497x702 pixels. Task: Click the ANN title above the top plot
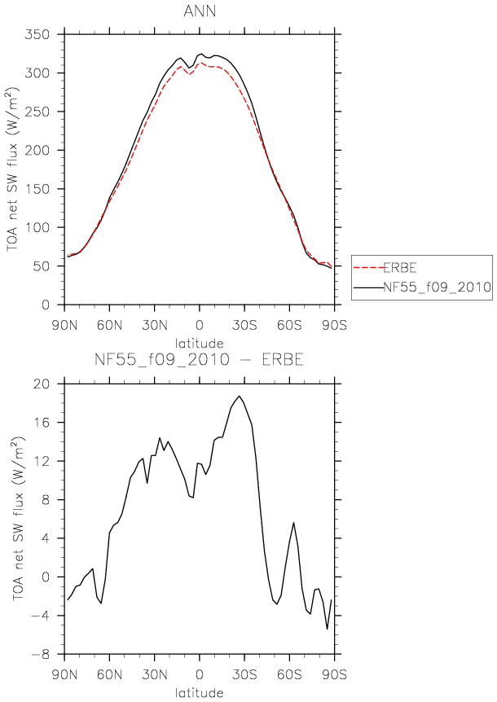pyautogui.click(x=200, y=11)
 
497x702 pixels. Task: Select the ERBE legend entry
pyautogui.click(x=400, y=268)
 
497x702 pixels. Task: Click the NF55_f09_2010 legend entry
pyautogui.click(x=437, y=287)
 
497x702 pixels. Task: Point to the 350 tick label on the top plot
pyautogui.click(x=37, y=34)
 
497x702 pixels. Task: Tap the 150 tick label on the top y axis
pyautogui.click(x=37, y=189)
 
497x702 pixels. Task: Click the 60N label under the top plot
pyautogui.click(x=110, y=325)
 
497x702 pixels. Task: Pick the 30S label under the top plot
pyautogui.click(x=244, y=325)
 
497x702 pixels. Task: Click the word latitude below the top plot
pyautogui.click(x=200, y=344)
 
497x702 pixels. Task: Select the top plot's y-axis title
pyautogui.click(x=13, y=169)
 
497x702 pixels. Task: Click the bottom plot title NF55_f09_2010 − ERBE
pyautogui.click(x=200, y=359)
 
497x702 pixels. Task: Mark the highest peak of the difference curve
pyautogui.click(x=240, y=396)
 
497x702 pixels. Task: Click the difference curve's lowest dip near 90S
pyautogui.click(x=328, y=629)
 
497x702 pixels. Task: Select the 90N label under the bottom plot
pyautogui.click(x=65, y=674)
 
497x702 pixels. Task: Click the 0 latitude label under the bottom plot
pyautogui.click(x=200, y=674)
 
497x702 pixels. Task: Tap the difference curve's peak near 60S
pyautogui.click(x=294, y=523)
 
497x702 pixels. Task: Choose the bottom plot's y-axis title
pyautogui.click(x=18, y=519)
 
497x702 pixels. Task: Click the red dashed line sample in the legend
pyautogui.click(x=368, y=268)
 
